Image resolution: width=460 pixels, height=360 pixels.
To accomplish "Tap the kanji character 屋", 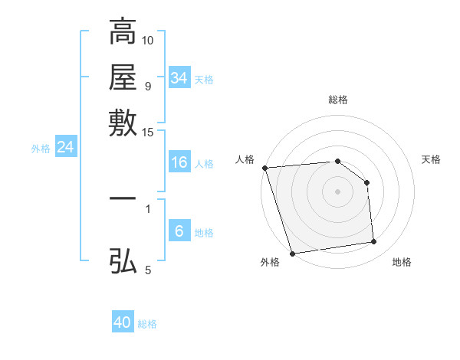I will pos(123,77).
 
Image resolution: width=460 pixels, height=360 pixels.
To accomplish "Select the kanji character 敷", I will pos(123,123).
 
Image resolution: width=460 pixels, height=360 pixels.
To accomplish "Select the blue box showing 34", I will pos(179,78).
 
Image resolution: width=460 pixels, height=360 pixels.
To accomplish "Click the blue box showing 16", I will pos(179,162).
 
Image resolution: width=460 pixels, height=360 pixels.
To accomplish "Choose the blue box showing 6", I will pos(179,231).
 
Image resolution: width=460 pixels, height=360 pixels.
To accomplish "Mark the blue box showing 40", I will pos(123,322).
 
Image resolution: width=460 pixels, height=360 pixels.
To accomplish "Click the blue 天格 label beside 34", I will pos(205,80).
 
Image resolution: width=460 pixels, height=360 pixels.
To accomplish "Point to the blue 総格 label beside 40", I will pos(148,324).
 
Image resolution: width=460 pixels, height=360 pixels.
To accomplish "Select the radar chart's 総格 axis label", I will pos(338,100).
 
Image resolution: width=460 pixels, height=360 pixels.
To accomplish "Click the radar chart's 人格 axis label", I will pos(245,159).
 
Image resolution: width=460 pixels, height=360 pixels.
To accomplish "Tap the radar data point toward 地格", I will pos(374,242).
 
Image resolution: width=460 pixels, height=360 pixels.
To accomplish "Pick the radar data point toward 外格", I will pos(292,254).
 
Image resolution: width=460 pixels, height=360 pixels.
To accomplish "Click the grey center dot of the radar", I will pos(338,191).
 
